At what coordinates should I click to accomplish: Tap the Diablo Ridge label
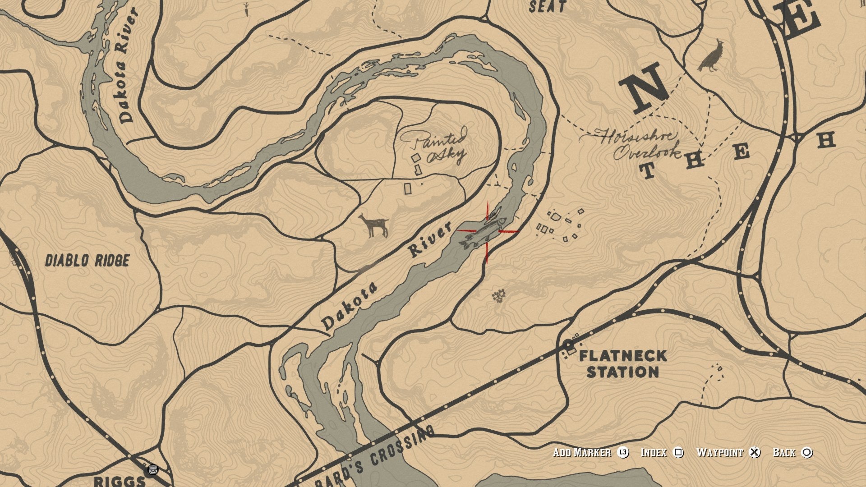pos(87,261)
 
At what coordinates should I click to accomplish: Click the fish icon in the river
pos(483,232)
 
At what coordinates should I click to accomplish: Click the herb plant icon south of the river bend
pos(498,296)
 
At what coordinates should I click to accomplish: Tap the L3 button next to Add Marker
pos(623,452)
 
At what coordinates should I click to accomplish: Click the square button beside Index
pos(678,452)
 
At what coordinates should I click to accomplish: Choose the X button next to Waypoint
pos(754,452)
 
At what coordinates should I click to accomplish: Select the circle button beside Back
pos(807,452)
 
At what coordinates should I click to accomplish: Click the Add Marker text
pos(582,452)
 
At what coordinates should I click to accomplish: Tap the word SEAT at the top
pos(548,6)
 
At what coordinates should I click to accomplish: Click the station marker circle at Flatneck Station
pos(567,345)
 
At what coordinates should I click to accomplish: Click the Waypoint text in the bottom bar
pos(719,452)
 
